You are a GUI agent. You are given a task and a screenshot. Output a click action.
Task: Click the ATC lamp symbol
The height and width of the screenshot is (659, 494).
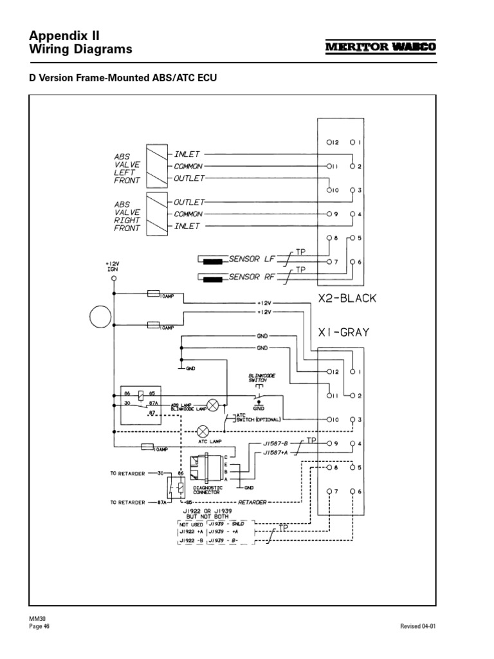(x=203, y=431)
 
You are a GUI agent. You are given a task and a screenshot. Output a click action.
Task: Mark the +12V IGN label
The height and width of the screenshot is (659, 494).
(x=113, y=266)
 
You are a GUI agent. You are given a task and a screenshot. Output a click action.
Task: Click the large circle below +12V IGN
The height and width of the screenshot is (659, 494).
(x=100, y=317)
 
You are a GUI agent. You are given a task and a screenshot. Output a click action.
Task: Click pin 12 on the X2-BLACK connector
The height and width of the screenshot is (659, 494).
(x=329, y=142)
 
